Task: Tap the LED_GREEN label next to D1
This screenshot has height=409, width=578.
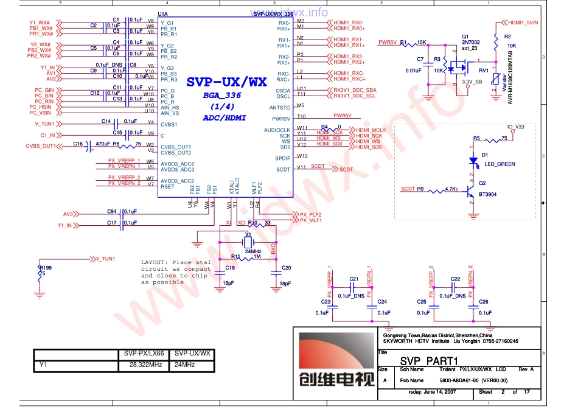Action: pyautogui.click(x=500, y=164)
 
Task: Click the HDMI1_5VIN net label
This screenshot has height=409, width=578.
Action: pyautogui.click(x=523, y=22)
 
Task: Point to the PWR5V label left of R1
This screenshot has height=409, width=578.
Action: pyautogui.click(x=388, y=43)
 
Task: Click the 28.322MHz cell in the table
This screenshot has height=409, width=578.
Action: pyautogui.click(x=145, y=365)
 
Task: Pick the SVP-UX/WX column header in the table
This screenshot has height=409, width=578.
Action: pyautogui.click(x=192, y=353)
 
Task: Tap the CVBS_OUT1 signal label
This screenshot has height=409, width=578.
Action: pyautogui.click(x=41, y=146)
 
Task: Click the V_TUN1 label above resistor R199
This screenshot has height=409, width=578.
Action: pyautogui.click(x=105, y=259)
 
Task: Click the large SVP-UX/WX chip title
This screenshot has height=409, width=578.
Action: pyautogui.click(x=226, y=82)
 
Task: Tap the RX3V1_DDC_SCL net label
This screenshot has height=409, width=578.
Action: pyautogui.click(x=355, y=96)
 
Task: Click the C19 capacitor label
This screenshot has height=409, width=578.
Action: pyautogui.click(x=230, y=268)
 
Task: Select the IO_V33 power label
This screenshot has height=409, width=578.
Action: pyautogui.click(x=516, y=127)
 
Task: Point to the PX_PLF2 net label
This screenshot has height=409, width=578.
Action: pyautogui.click(x=310, y=215)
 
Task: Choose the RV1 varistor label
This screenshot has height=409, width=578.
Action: pyautogui.click(x=484, y=71)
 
